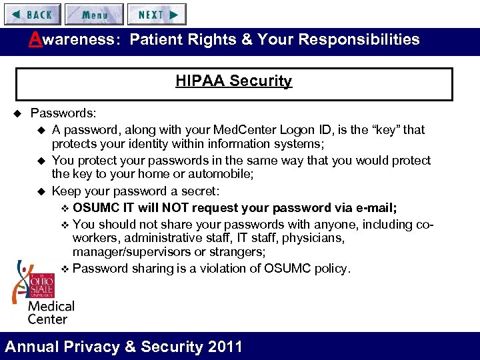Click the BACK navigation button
(31, 14)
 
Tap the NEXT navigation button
(157, 14)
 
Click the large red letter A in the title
(35, 39)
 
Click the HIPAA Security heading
(233, 81)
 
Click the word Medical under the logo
(51, 307)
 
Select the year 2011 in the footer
(224, 347)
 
